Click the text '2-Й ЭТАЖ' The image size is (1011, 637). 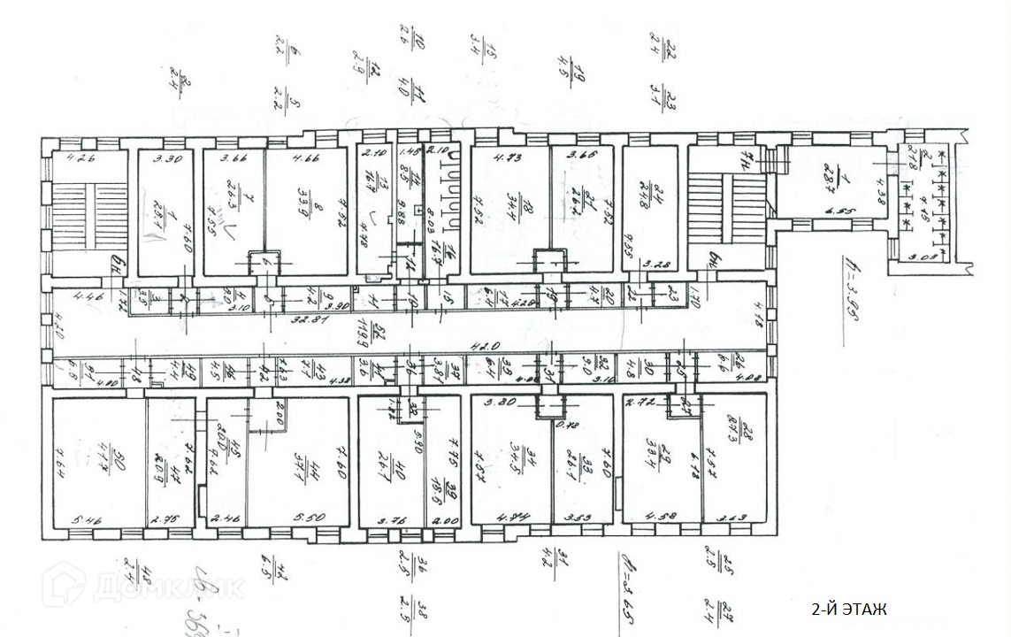point(848,610)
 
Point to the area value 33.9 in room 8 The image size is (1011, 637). point(307,212)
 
